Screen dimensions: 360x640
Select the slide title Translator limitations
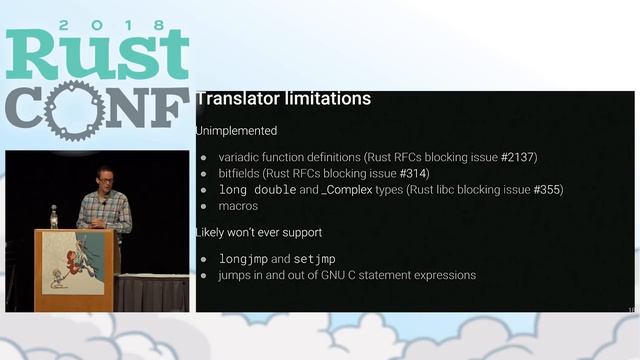click(x=283, y=99)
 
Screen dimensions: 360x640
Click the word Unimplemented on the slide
click(x=236, y=130)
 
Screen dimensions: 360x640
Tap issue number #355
click(x=547, y=189)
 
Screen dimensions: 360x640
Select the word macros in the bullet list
click(x=238, y=206)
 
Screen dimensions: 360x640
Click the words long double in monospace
click(x=257, y=189)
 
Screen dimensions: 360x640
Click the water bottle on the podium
click(x=54, y=217)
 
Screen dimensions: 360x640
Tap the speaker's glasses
click(x=105, y=177)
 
